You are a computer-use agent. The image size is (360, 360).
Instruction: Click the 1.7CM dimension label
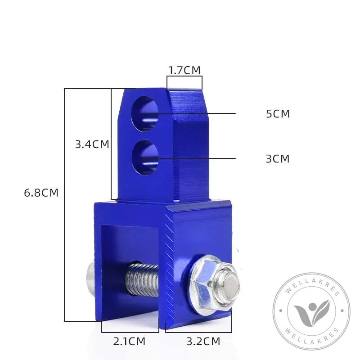[x=184, y=70]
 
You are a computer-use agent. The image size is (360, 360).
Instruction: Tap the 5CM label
[x=278, y=114]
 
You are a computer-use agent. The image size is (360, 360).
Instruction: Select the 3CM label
[x=278, y=159]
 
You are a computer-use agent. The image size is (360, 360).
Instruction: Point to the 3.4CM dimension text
[x=92, y=144]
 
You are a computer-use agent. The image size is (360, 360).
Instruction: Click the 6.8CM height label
[x=41, y=193]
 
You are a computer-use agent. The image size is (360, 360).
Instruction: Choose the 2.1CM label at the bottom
[x=129, y=342]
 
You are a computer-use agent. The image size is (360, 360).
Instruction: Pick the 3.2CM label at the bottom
[x=203, y=342]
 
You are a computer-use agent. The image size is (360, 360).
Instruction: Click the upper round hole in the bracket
[x=144, y=114]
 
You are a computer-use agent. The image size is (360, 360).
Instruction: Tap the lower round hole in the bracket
[x=145, y=158]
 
